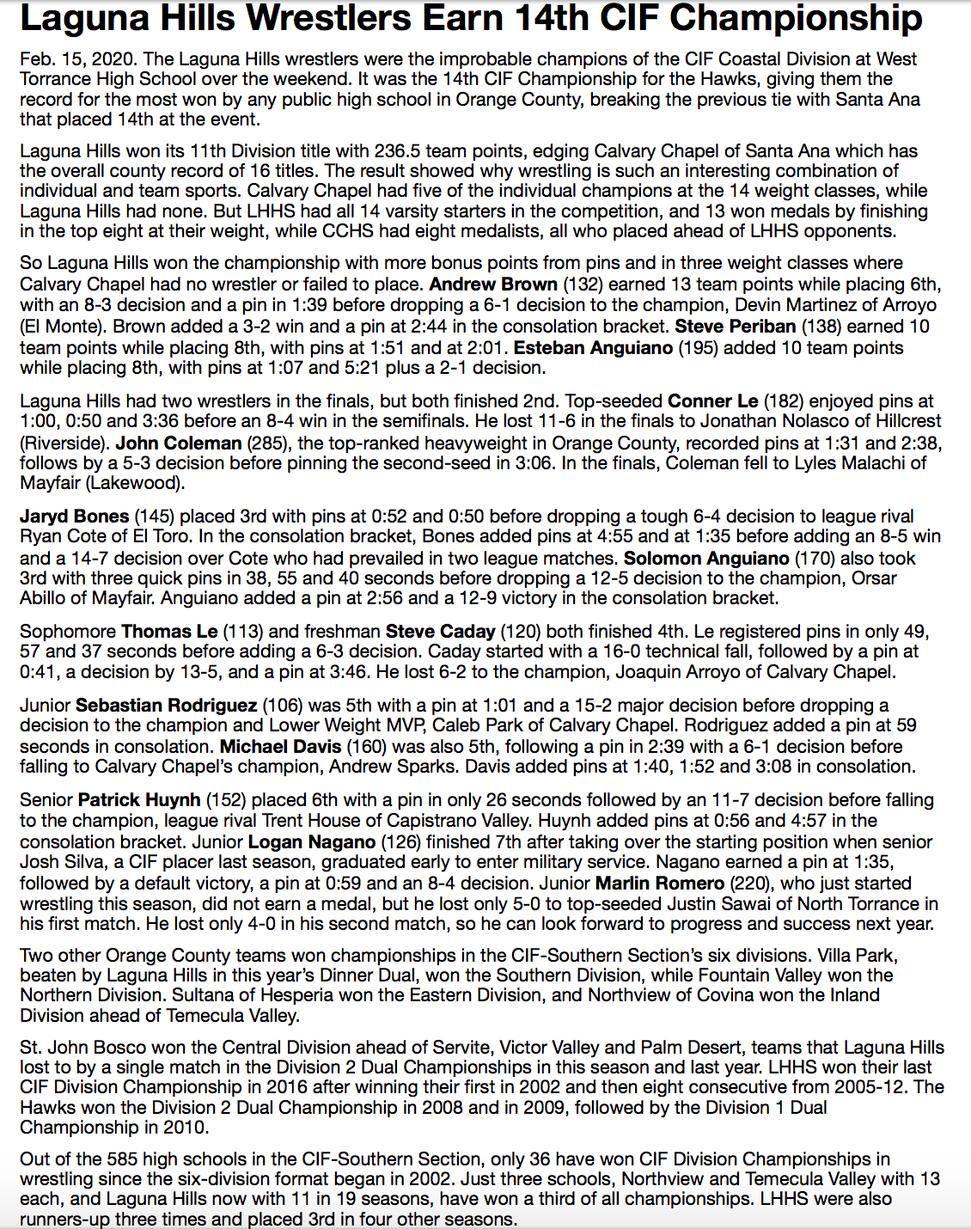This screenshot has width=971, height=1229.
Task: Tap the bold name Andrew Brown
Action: pos(493,284)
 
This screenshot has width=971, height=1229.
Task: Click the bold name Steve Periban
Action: pos(735,327)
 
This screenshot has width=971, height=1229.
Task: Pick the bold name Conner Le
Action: pos(712,401)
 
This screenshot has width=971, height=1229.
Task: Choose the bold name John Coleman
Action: pos(179,443)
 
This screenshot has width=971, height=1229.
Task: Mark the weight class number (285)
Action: pos(269,443)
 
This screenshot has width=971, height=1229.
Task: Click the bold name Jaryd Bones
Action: pos(74,517)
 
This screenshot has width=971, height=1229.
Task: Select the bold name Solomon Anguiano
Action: pos(694,559)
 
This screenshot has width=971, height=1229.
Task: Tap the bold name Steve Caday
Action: pos(440,632)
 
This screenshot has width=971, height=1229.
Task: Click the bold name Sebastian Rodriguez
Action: pos(166,706)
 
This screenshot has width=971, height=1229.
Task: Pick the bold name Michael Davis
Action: pos(280,747)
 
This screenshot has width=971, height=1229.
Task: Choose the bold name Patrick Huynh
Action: pos(139,800)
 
